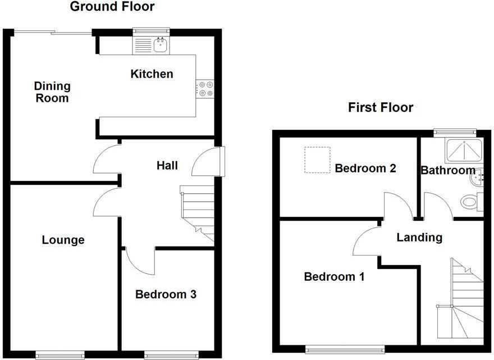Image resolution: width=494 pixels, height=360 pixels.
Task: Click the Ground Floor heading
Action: coord(112,7)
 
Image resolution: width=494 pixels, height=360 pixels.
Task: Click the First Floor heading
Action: coord(381,107)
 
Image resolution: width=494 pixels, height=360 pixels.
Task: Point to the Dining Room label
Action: coord(52,92)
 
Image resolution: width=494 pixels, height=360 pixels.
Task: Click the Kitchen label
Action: coord(152,74)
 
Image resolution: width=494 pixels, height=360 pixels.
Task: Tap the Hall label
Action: coord(167,165)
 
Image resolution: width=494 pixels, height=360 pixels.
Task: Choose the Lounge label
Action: coord(63,240)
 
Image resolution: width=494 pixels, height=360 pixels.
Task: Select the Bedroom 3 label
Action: coord(166,294)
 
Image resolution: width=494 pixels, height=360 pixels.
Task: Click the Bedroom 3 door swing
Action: coord(140,261)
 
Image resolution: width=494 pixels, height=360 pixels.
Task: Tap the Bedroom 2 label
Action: coord(365,168)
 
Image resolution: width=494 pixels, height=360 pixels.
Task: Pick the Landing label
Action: coord(419,238)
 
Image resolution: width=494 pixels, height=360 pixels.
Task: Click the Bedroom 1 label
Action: coord(334,277)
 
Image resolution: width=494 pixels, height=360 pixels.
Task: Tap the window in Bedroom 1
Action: coord(345,350)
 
